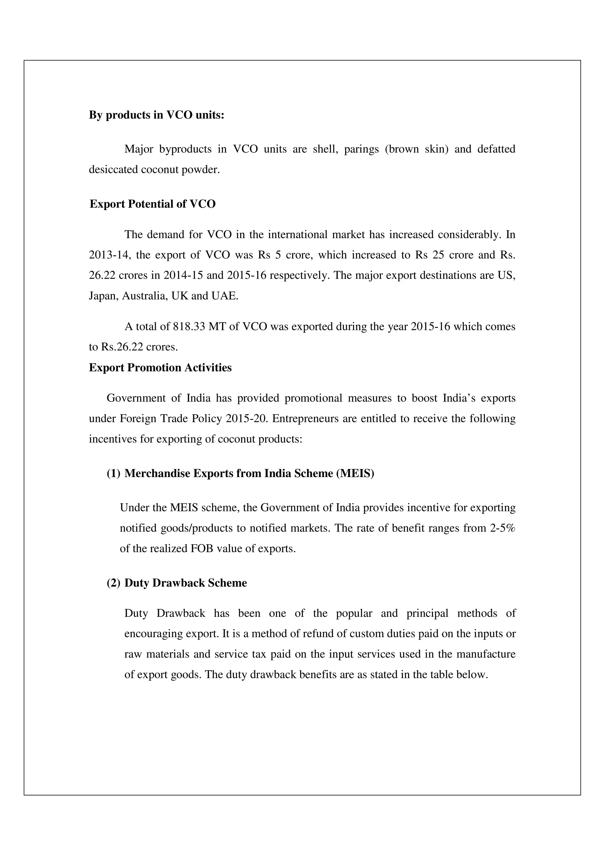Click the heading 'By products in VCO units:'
(x=156, y=115)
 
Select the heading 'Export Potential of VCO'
(x=152, y=204)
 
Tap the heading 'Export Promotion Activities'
(x=160, y=368)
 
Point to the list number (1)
(x=114, y=473)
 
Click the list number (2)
(x=114, y=583)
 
